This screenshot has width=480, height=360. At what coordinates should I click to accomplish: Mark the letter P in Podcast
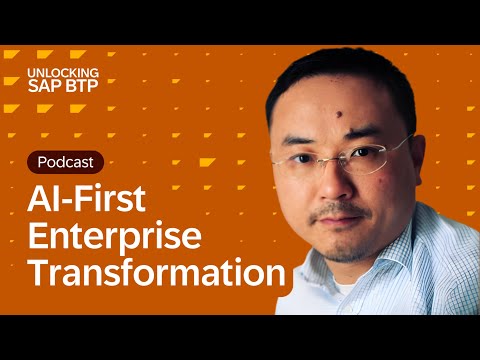pyautogui.click(x=42, y=161)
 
